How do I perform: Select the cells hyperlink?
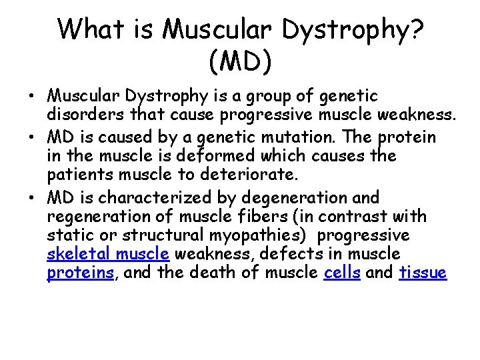pyautogui.click(x=341, y=273)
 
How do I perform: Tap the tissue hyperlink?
pyautogui.click(x=423, y=273)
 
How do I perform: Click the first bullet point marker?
pyautogui.click(x=31, y=97)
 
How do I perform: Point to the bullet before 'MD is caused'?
pyautogui.click(x=31, y=137)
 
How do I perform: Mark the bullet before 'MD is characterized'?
pyautogui.click(x=31, y=198)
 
